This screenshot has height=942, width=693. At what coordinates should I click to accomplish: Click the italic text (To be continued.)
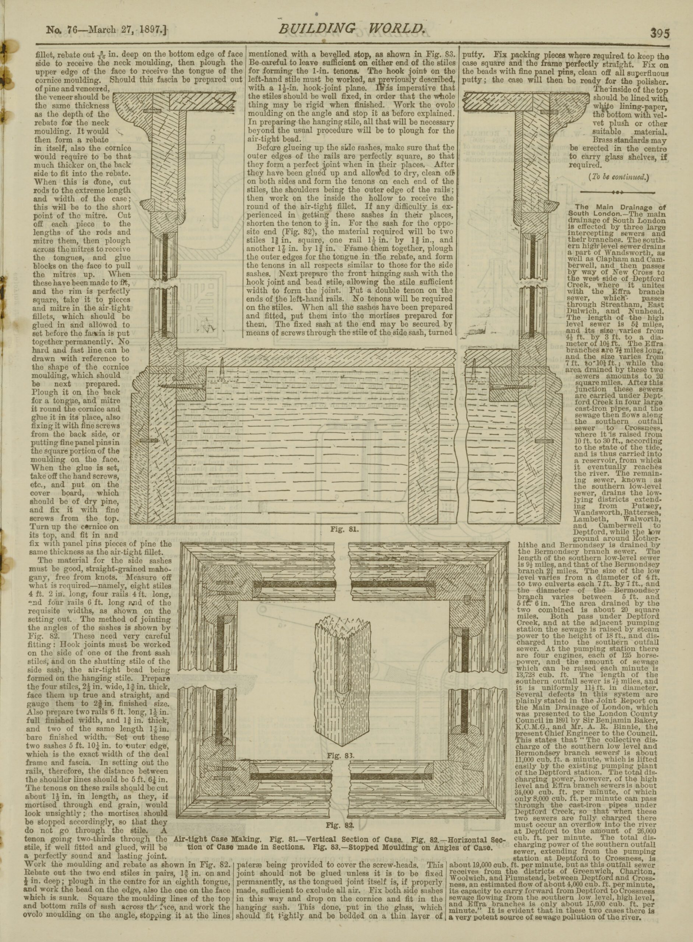click(x=619, y=177)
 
